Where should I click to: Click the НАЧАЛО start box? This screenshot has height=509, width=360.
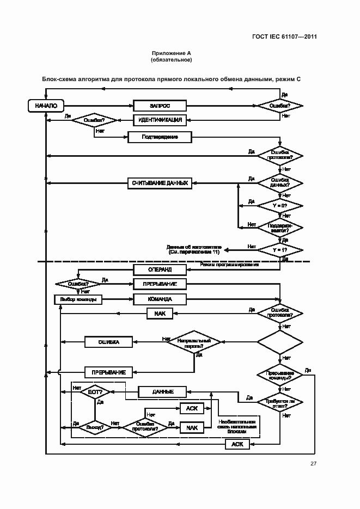[x=46, y=106]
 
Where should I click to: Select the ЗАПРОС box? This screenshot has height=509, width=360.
[x=160, y=106]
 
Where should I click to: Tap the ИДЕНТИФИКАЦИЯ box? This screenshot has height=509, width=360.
[x=160, y=120]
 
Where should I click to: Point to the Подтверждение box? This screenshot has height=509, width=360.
[x=160, y=137]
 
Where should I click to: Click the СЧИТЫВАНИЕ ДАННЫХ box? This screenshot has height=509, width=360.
[x=160, y=183]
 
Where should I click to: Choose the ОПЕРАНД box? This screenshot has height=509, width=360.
[x=160, y=269]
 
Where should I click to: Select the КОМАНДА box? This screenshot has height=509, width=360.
[x=160, y=299]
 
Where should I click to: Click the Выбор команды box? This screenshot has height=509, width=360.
[x=78, y=299]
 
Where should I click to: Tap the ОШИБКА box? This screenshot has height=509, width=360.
[x=109, y=342]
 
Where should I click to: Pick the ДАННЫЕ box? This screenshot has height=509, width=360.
[x=163, y=391]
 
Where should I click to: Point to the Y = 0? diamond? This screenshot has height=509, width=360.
[x=279, y=206]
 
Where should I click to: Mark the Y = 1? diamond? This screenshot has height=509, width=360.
[x=279, y=249]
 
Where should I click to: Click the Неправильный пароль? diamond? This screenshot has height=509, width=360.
[x=193, y=342]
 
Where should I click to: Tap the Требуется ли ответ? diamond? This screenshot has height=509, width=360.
[x=279, y=402]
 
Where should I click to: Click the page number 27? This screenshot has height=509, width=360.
[x=313, y=464]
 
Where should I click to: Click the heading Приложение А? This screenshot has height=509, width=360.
[x=171, y=53]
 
